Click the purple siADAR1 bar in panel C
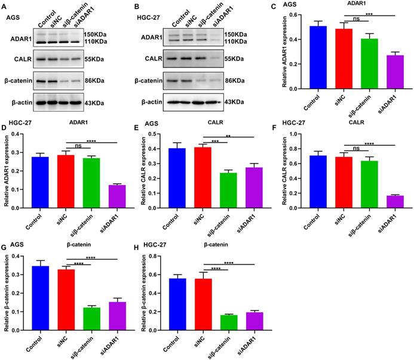[388, 72]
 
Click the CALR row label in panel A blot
[19, 59]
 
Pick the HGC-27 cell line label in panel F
[302, 127]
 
